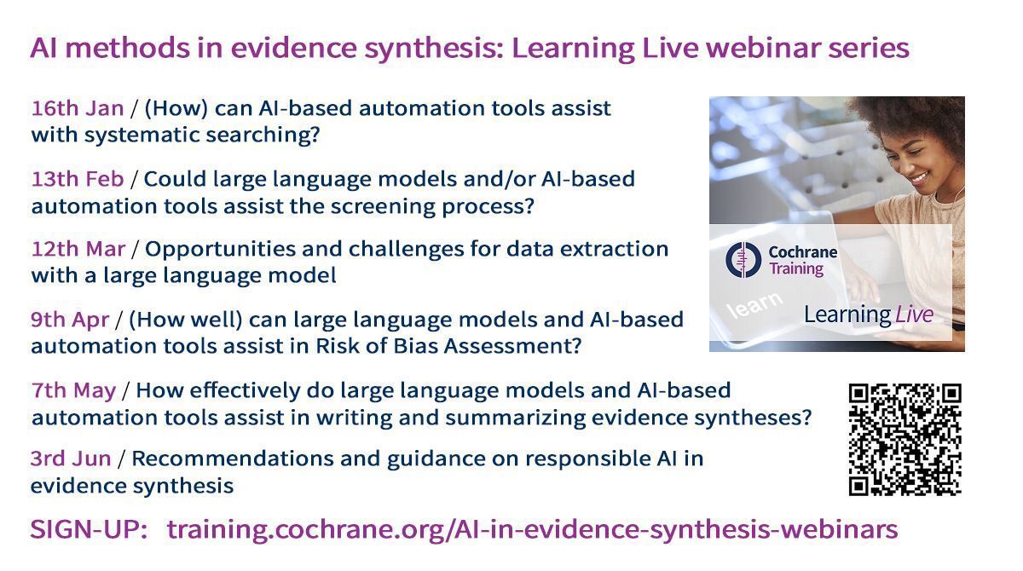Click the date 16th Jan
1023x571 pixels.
click(x=77, y=109)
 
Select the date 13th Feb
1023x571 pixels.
click(x=78, y=180)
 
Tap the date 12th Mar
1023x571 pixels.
click(x=78, y=250)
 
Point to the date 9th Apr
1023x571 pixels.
click(x=70, y=320)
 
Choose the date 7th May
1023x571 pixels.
click(x=73, y=390)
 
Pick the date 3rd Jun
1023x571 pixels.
click(x=71, y=459)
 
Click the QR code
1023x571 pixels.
click(x=905, y=440)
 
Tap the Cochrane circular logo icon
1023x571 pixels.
click(x=742, y=259)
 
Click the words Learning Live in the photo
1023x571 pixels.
click(x=868, y=314)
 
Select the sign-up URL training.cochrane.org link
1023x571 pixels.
click(x=532, y=530)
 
